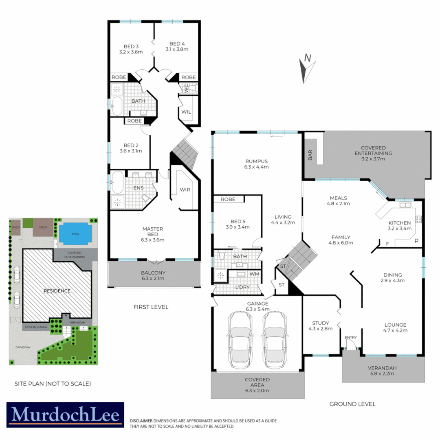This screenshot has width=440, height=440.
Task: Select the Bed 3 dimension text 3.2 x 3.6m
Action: point(131,52)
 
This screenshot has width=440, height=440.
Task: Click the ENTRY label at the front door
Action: point(350,337)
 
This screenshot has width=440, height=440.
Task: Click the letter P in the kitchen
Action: point(416,241)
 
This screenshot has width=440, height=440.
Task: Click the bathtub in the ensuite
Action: point(118,182)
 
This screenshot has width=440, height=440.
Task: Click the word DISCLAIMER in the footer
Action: point(141,420)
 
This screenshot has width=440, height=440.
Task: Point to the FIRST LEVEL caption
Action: point(150,307)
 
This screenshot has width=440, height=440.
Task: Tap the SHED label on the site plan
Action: point(16,227)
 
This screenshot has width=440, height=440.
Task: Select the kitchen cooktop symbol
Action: point(418,219)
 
